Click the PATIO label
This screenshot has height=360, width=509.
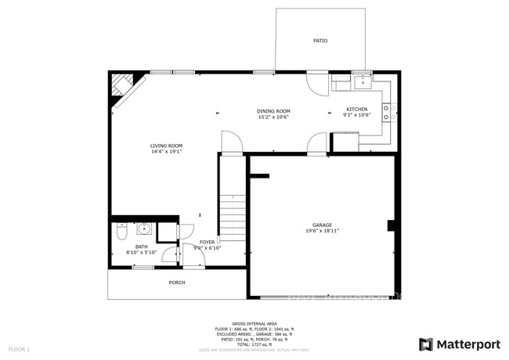pos(320,41)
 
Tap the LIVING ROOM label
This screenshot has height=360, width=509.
pos(166,146)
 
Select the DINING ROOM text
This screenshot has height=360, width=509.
pos(273,111)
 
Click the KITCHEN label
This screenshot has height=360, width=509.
pos(356,110)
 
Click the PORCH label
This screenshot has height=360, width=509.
pos(177,283)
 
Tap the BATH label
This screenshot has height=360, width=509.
pos(141,247)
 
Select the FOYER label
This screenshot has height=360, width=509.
pos(207,243)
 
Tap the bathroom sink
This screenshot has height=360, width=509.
pos(143,229)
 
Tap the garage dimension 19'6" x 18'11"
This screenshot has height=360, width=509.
pos(322,231)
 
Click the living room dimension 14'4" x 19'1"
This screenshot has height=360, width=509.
pos(166,152)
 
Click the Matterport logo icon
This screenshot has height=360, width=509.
pos(426,344)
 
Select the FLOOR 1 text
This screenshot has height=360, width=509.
pos(19,348)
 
